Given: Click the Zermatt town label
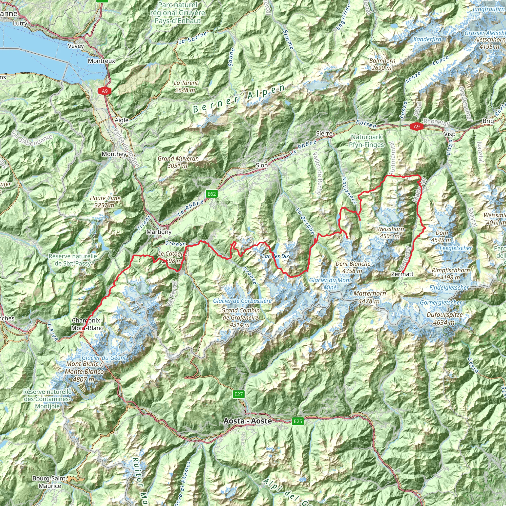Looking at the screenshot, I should click(402, 274).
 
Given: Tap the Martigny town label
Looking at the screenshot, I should click(159, 232).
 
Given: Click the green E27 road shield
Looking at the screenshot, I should click(239, 394).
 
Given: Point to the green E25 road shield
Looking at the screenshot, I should click(298, 421).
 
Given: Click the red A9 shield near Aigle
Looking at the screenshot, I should click(105, 91).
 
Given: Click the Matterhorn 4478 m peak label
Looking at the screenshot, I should click(370, 297).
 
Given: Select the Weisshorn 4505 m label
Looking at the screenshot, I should click(390, 232).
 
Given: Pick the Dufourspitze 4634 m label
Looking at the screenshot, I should click(444, 318).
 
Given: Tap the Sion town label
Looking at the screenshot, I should click(262, 165).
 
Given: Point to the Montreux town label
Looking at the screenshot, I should click(101, 61).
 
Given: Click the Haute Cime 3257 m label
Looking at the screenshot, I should click(105, 202).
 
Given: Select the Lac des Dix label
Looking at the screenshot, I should click(275, 256).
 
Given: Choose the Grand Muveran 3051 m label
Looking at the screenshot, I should click(178, 162).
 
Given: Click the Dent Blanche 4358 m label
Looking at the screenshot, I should click(353, 267).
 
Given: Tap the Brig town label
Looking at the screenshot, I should click(488, 121).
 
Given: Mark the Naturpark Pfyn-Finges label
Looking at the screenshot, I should click(366, 141).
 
